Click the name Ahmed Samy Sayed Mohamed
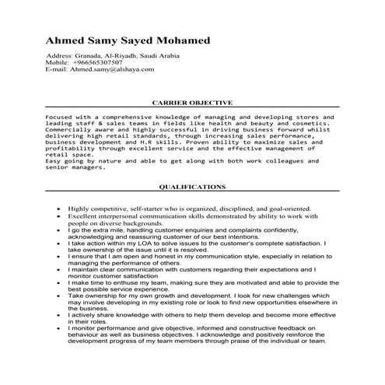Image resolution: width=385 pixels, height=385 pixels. (128, 40)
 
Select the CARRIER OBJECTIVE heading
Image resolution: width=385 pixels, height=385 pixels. (192, 102)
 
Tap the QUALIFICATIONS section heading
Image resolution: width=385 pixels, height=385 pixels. (192, 187)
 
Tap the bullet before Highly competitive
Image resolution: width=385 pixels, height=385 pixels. (60, 210)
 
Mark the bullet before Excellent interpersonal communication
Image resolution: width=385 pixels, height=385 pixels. (60, 217)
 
